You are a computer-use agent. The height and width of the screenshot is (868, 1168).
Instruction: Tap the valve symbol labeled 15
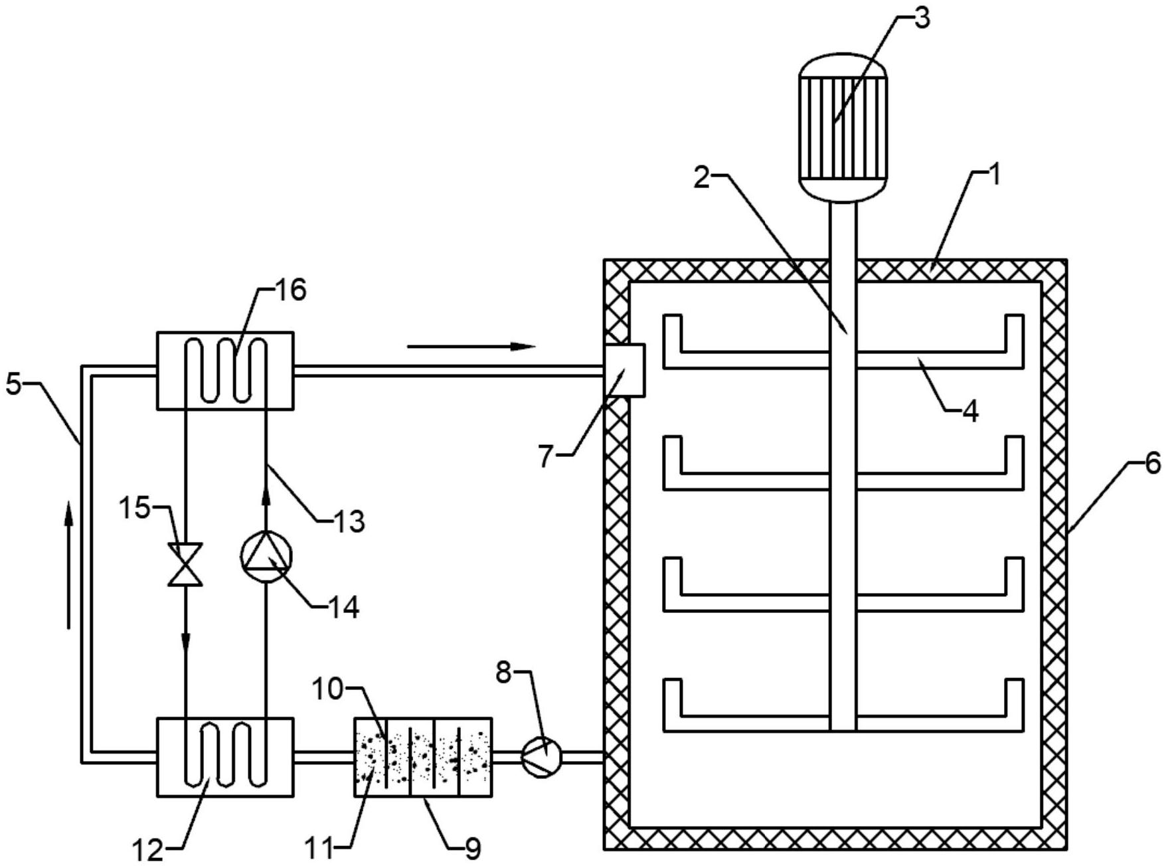[x=185, y=564]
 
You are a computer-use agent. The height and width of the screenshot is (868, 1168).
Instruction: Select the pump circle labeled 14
[x=265, y=557]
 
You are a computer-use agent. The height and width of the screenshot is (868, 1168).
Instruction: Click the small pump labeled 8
[x=542, y=756]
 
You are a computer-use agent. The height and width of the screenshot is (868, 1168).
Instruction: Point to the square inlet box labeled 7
[x=624, y=370]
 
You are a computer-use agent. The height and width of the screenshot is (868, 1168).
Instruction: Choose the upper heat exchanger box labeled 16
[x=225, y=371]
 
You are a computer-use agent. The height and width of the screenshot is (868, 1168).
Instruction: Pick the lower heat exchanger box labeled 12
[x=225, y=756]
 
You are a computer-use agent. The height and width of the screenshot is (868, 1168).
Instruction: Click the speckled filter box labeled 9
[x=424, y=756]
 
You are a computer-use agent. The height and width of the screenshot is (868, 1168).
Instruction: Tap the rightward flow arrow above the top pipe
[x=471, y=346]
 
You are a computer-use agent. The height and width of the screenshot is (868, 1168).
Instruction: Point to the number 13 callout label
[x=349, y=521]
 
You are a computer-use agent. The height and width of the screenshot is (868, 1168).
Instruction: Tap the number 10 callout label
[x=327, y=689]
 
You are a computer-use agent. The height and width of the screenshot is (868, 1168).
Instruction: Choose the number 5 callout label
[x=14, y=384]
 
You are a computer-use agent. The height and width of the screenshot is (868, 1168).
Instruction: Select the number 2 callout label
[x=701, y=177]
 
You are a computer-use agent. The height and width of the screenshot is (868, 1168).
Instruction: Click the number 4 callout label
[x=970, y=412]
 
